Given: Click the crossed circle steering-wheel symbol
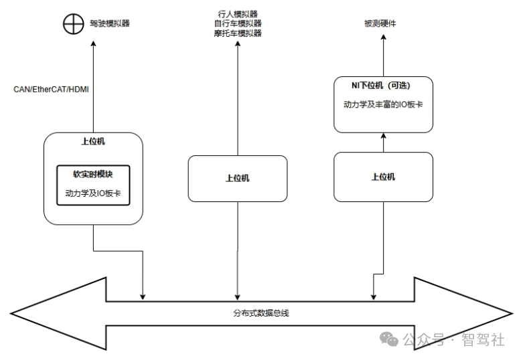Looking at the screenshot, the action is point(74,23).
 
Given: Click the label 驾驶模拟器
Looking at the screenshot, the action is point(110,23).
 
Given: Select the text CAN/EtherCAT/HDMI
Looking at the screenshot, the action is point(51,90).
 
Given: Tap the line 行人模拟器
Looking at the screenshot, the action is point(238,14).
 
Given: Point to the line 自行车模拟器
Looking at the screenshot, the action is point(238,23).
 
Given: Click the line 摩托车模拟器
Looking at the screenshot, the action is point(238,33).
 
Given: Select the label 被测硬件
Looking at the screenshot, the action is point(380,23).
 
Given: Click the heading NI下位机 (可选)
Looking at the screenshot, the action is point(381,86).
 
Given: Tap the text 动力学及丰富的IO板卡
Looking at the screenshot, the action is point(383,104).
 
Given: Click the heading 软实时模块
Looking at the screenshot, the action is point(93,174).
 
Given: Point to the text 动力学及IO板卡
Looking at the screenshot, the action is point(93,193).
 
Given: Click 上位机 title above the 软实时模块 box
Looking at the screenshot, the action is point(93,141).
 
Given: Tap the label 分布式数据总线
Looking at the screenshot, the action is point(261,313).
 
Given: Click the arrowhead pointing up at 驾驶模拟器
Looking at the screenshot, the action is point(93,43).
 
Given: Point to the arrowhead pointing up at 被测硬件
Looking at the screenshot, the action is point(384,37).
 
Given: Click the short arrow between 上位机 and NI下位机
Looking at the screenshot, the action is point(384,143).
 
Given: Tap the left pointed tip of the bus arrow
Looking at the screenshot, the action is point(11,313).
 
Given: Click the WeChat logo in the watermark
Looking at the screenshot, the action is point(389,339).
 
